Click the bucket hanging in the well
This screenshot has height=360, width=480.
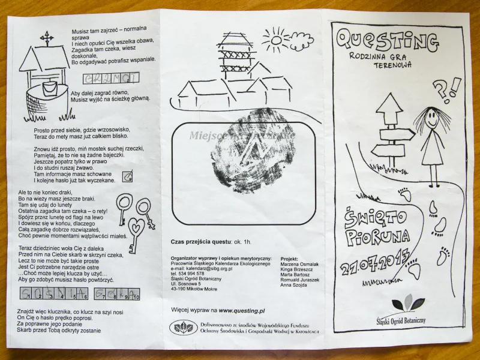51,89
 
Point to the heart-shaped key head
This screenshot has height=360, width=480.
137,227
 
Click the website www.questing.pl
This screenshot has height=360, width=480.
241,310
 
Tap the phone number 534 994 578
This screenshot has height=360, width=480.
191,273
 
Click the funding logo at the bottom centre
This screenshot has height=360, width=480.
184,327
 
